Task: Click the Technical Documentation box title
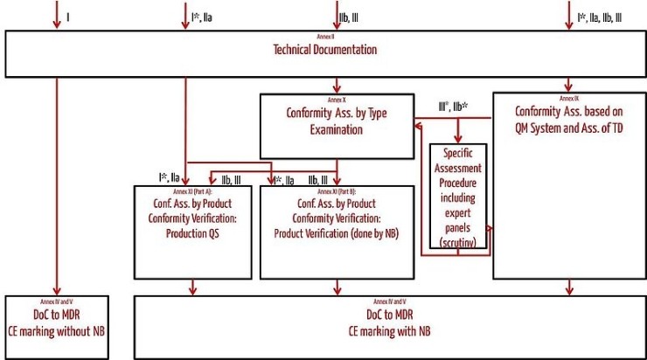(325, 50)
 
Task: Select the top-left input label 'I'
(68, 15)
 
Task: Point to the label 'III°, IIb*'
(453, 107)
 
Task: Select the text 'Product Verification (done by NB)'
(336, 232)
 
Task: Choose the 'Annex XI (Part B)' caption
(336, 190)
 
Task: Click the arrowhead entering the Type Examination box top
(337, 89)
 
